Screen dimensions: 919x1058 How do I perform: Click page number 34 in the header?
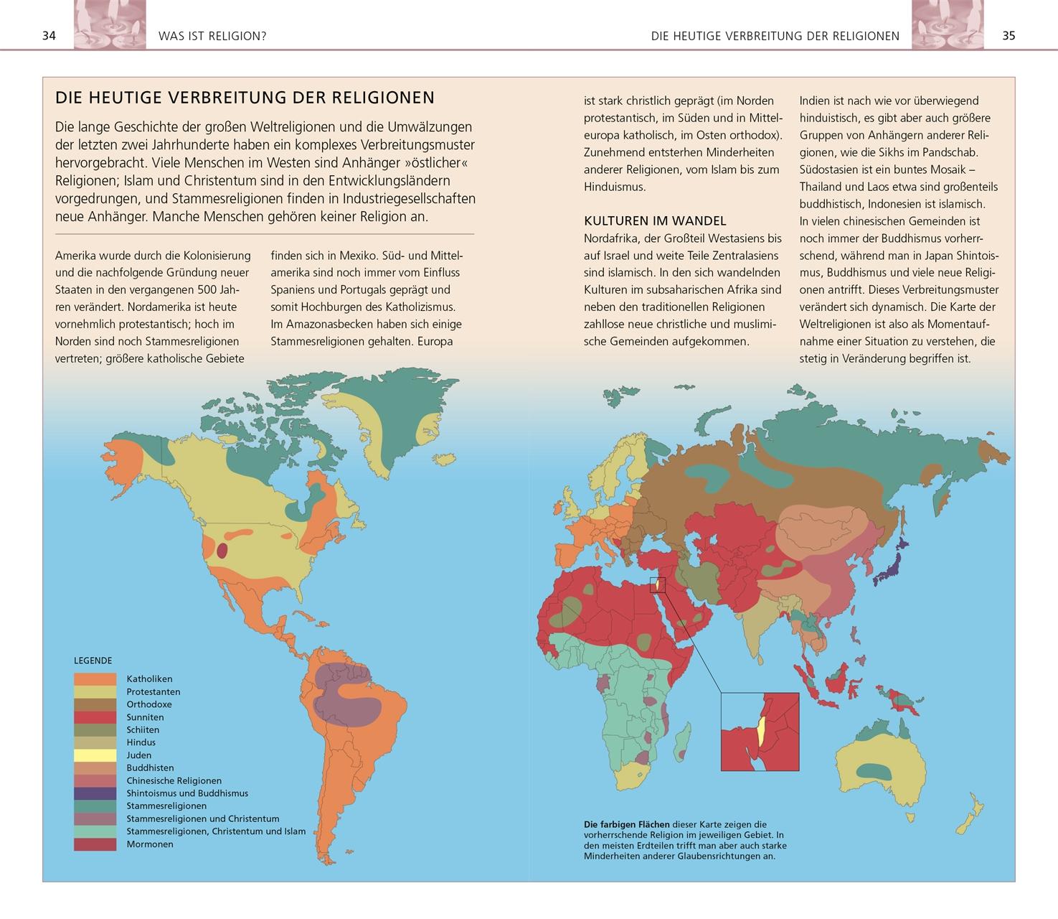click(49, 35)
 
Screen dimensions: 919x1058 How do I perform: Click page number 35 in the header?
click(1009, 35)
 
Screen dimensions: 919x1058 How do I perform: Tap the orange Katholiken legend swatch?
click(95, 678)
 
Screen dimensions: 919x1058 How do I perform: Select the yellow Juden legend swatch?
click(95, 755)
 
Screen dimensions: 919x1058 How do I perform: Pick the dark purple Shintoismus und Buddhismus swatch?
click(95, 793)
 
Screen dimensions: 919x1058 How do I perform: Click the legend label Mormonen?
click(150, 844)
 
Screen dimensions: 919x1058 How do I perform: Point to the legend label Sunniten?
click(145, 717)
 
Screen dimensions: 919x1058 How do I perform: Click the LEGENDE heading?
click(93, 661)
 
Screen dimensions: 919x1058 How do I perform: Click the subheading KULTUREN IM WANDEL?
click(655, 221)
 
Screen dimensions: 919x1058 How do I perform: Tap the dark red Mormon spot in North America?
click(222, 551)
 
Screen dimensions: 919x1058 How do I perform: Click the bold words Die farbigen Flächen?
click(626, 824)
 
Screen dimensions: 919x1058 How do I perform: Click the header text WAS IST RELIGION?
click(212, 35)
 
